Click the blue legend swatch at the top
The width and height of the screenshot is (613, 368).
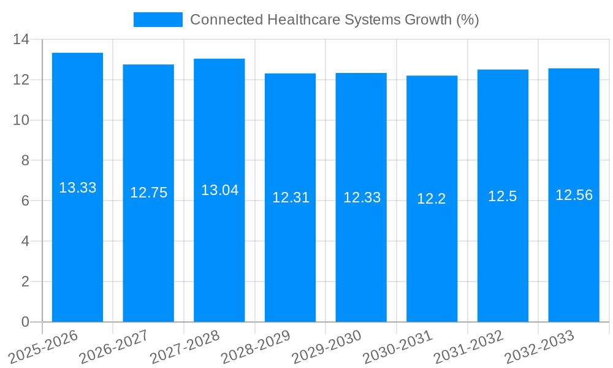(158, 20)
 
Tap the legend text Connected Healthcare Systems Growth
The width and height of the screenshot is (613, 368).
(334, 20)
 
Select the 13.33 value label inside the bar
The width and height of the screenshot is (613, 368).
(77, 188)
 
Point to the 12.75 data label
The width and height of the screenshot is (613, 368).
(148, 193)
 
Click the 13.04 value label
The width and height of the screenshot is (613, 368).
(219, 190)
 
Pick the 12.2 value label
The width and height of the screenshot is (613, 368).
(432, 199)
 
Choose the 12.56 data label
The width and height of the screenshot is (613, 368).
(574, 195)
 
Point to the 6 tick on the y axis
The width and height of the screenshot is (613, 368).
(25, 201)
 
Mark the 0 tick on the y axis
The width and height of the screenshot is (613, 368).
(25, 322)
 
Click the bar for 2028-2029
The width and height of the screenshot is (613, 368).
(290, 258)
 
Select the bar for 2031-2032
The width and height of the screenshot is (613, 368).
(503, 258)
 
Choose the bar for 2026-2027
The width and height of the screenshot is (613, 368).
(148, 258)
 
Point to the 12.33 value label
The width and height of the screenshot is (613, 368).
(362, 197)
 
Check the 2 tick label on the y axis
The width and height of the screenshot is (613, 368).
(25, 282)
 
